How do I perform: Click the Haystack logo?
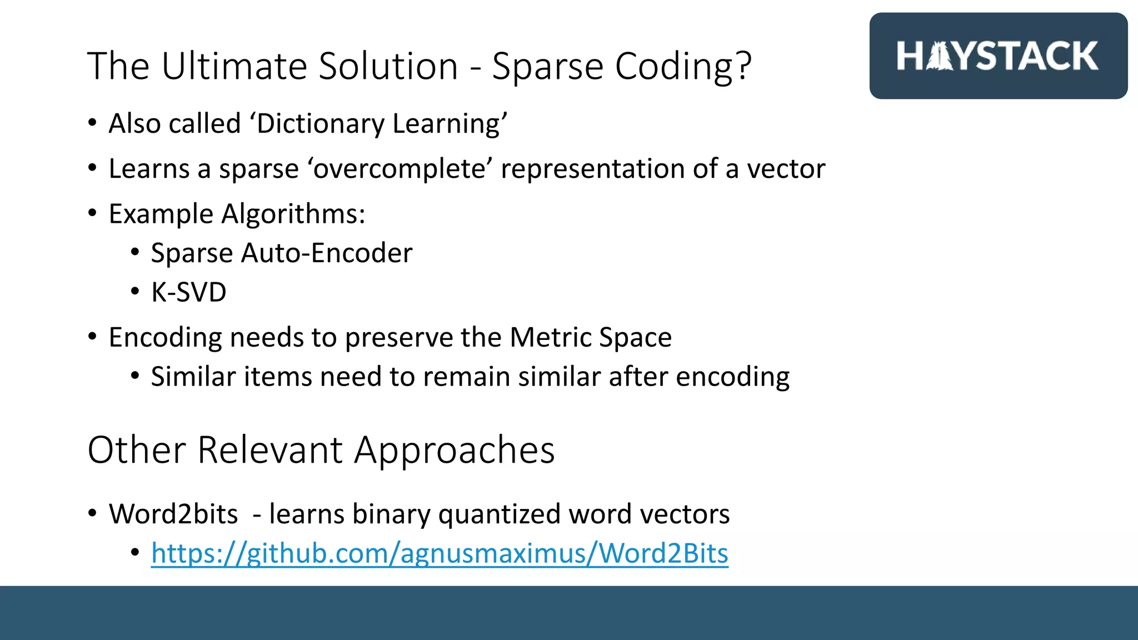(997, 56)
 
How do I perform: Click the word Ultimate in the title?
(234, 66)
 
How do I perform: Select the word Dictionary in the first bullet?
(320, 123)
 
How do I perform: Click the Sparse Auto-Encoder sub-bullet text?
(281, 253)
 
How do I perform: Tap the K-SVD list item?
(188, 292)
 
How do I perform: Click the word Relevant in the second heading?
(269, 449)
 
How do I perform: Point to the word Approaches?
(455, 449)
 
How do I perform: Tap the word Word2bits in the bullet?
(173, 514)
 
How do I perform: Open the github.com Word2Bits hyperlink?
(439, 553)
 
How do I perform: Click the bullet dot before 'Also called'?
(92, 123)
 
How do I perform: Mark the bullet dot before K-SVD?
(135, 292)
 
